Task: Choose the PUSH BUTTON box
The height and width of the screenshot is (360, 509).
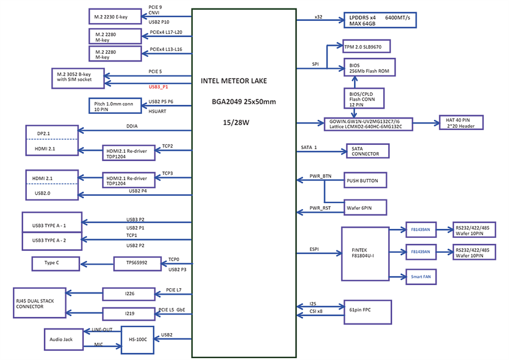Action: pos(365,180)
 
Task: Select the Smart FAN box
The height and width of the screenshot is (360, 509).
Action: pos(420,277)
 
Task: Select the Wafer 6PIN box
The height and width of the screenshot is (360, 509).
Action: pos(365,207)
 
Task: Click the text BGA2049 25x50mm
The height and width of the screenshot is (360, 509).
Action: pos(243,102)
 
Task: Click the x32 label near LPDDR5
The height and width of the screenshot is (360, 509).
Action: pos(318,17)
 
